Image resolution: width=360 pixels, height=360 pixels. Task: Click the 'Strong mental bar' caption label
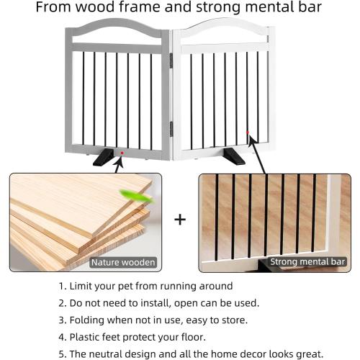pos(307,261)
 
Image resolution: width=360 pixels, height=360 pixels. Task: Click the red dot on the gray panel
pos(122,153)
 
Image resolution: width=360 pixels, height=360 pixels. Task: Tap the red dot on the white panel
pos(248,132)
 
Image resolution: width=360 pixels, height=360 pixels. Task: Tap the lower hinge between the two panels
pos(171,127)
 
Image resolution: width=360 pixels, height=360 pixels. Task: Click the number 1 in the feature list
pos(61,285)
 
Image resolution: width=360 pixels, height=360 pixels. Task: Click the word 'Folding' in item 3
pos(89,320)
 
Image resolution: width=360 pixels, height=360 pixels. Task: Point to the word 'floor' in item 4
pos(207,337)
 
